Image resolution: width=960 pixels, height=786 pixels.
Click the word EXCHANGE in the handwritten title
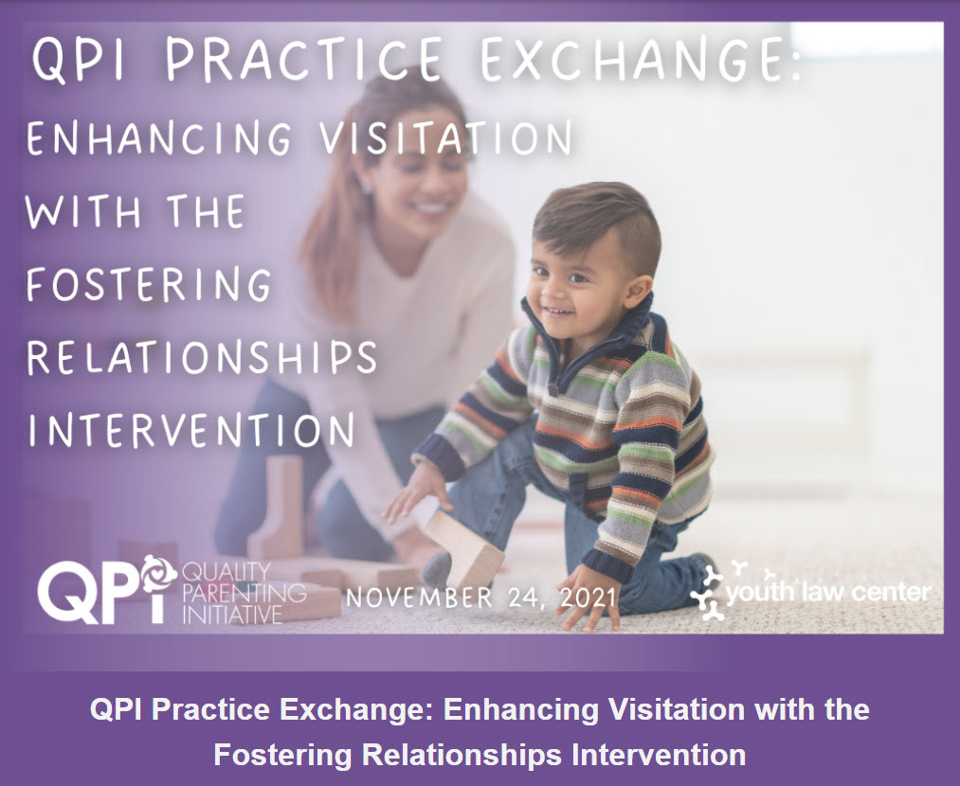point(641,60)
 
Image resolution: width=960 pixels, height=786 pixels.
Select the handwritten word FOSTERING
point(149,283)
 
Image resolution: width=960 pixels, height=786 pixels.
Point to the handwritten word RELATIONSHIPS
point(202,357)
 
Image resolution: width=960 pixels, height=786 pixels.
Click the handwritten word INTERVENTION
point(191,429)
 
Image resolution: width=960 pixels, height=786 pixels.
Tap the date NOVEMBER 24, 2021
point(481,597)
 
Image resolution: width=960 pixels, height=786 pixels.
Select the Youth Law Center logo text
point(827,592)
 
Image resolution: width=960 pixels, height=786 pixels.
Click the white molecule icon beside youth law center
point(707,592)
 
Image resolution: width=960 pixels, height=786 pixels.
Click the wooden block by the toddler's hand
point(464,548)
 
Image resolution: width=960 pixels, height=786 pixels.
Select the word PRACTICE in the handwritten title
point(304,60)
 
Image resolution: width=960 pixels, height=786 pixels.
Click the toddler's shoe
point(703,572)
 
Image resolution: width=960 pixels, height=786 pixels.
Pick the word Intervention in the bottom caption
point(659,754)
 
